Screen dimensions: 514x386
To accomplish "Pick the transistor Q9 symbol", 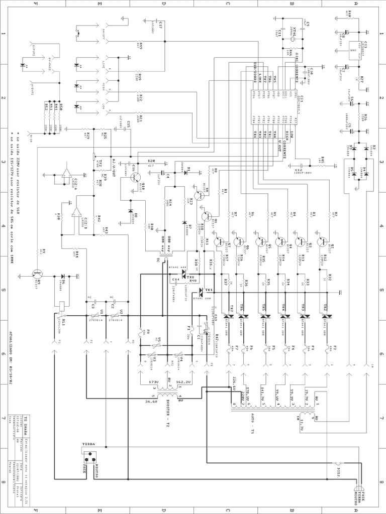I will click(x=37, y=275).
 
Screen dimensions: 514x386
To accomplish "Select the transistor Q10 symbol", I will click(x=135, y=177).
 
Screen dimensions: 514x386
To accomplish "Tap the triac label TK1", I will click(x=209, y=290).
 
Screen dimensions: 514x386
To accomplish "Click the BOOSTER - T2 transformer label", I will click(x=161, y=418).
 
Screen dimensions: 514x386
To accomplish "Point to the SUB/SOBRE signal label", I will click(x=254, y=75).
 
